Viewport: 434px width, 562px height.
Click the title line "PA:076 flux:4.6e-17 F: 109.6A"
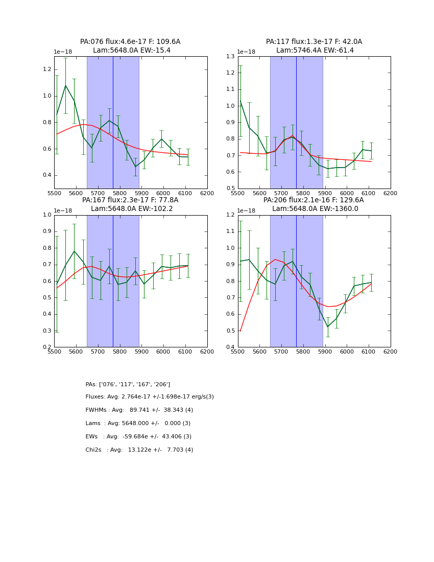click(130, 42)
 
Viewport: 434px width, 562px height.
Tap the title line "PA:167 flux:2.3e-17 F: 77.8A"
click(130, 200)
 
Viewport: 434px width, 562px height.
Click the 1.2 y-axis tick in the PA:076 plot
click(47, 69)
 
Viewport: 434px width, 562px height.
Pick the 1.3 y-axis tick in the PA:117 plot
click(231, 57)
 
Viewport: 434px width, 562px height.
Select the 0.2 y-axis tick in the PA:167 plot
click(47, 347)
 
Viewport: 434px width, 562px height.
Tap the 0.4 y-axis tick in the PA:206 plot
click(231, 347)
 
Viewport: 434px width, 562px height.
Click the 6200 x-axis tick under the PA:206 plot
click(391, 352)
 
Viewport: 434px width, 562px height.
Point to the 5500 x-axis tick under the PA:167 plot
click(54, 352)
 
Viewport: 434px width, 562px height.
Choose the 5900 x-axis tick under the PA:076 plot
click(141, 193)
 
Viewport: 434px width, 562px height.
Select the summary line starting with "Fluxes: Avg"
click(150, 397)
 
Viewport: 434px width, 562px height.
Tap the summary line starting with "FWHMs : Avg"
click(139, 410)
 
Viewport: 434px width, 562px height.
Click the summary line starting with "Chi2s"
click(139, 450)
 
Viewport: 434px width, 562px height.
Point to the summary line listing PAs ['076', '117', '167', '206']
click(128, 385)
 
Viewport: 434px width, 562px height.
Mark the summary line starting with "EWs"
click(138, 437)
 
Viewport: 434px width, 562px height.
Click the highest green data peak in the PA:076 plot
click(65, 85)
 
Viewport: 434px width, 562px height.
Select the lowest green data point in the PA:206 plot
click(328, 327)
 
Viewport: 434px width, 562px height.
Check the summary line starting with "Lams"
click(138, 424)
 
